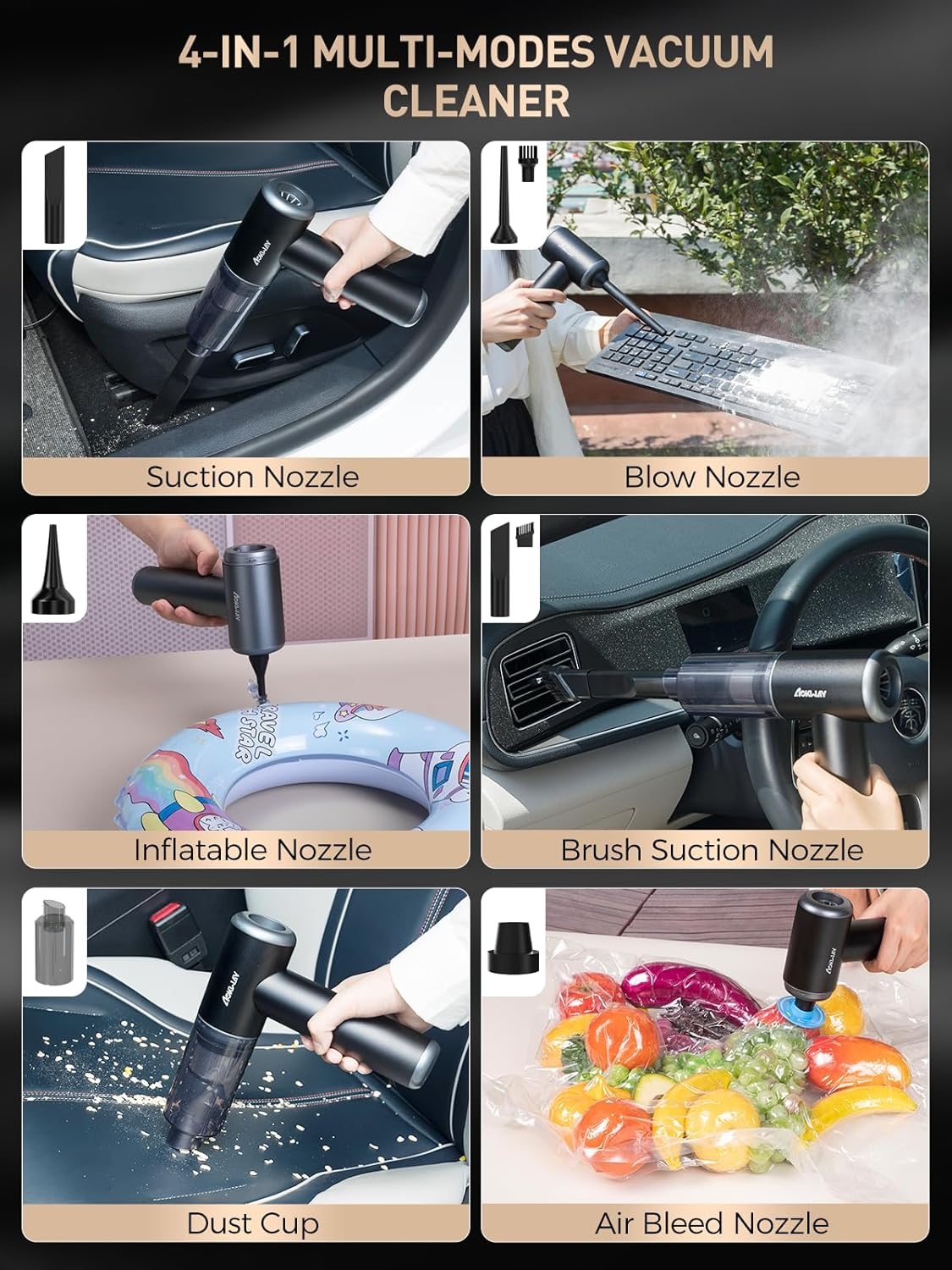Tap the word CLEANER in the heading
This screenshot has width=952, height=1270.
(476, 101)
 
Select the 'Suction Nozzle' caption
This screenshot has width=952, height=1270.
(252, 477)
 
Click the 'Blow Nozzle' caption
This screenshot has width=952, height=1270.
(712, 477)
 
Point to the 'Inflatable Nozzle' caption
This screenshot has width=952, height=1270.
(252, 849)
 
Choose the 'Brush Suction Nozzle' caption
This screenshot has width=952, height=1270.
(712, 849)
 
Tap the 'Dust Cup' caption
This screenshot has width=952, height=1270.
(252, 1223)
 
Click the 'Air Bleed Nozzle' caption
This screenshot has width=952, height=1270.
(712, 1223)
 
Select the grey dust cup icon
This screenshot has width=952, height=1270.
(52, 941)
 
